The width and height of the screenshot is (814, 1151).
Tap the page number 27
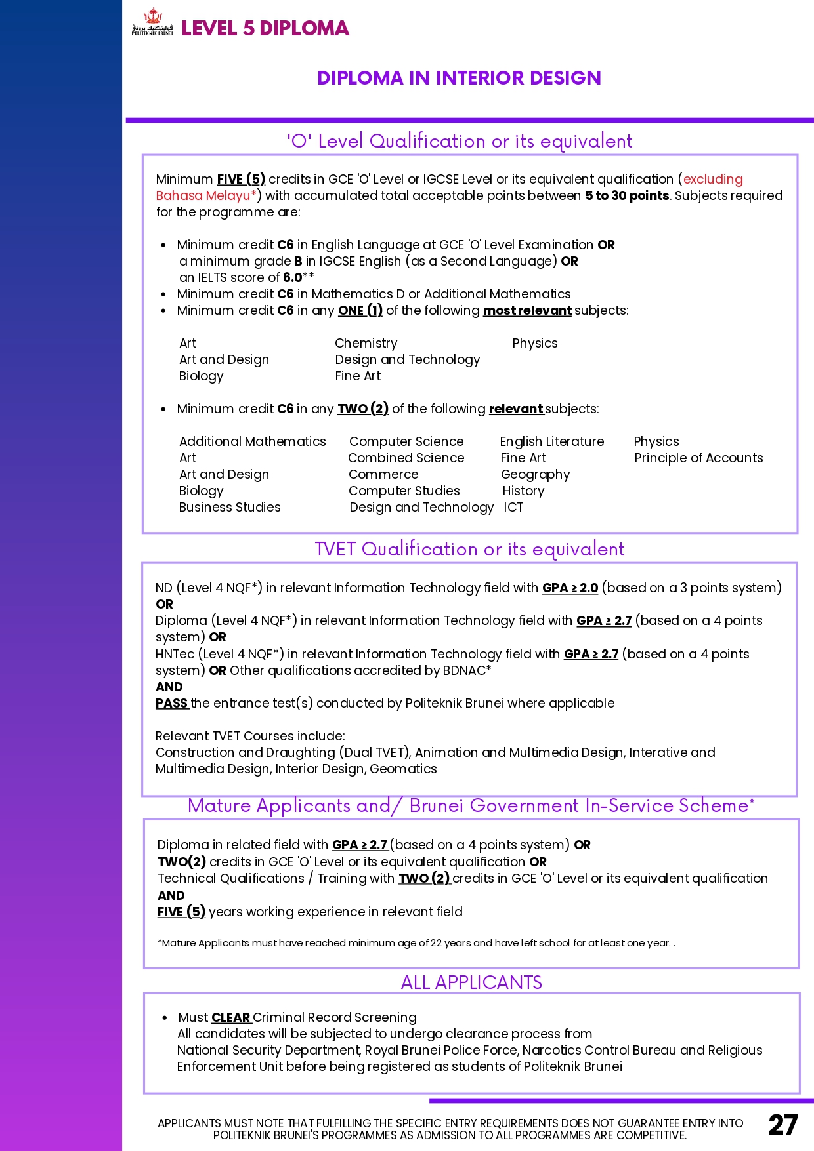[783, 1125]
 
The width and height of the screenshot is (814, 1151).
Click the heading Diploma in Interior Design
[459, 78]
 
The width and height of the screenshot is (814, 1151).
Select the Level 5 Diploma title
[265, 28]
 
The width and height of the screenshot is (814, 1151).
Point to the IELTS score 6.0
[292, 277]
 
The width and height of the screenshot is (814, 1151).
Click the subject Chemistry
[366, 343]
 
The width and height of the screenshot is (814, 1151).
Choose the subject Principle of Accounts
[698, 458]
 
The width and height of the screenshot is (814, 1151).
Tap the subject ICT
[513, 507]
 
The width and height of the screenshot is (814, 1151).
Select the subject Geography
[535, 474]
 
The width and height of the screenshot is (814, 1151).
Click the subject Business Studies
[230, 507]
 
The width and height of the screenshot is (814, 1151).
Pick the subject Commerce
[383, 474]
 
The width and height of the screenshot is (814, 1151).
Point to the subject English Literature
[552, 441]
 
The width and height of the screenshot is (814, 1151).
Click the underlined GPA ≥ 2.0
[570, 588]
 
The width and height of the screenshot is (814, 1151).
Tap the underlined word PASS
[172, 703]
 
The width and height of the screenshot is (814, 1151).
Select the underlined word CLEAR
[231, 1017]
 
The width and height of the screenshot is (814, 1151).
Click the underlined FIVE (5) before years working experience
[181, 912]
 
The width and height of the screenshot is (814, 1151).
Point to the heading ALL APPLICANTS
[471, 982]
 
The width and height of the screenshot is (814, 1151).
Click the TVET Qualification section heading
[469, 549]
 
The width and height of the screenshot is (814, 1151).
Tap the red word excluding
[713, 179]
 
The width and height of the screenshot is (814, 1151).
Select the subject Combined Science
[406, 458]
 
